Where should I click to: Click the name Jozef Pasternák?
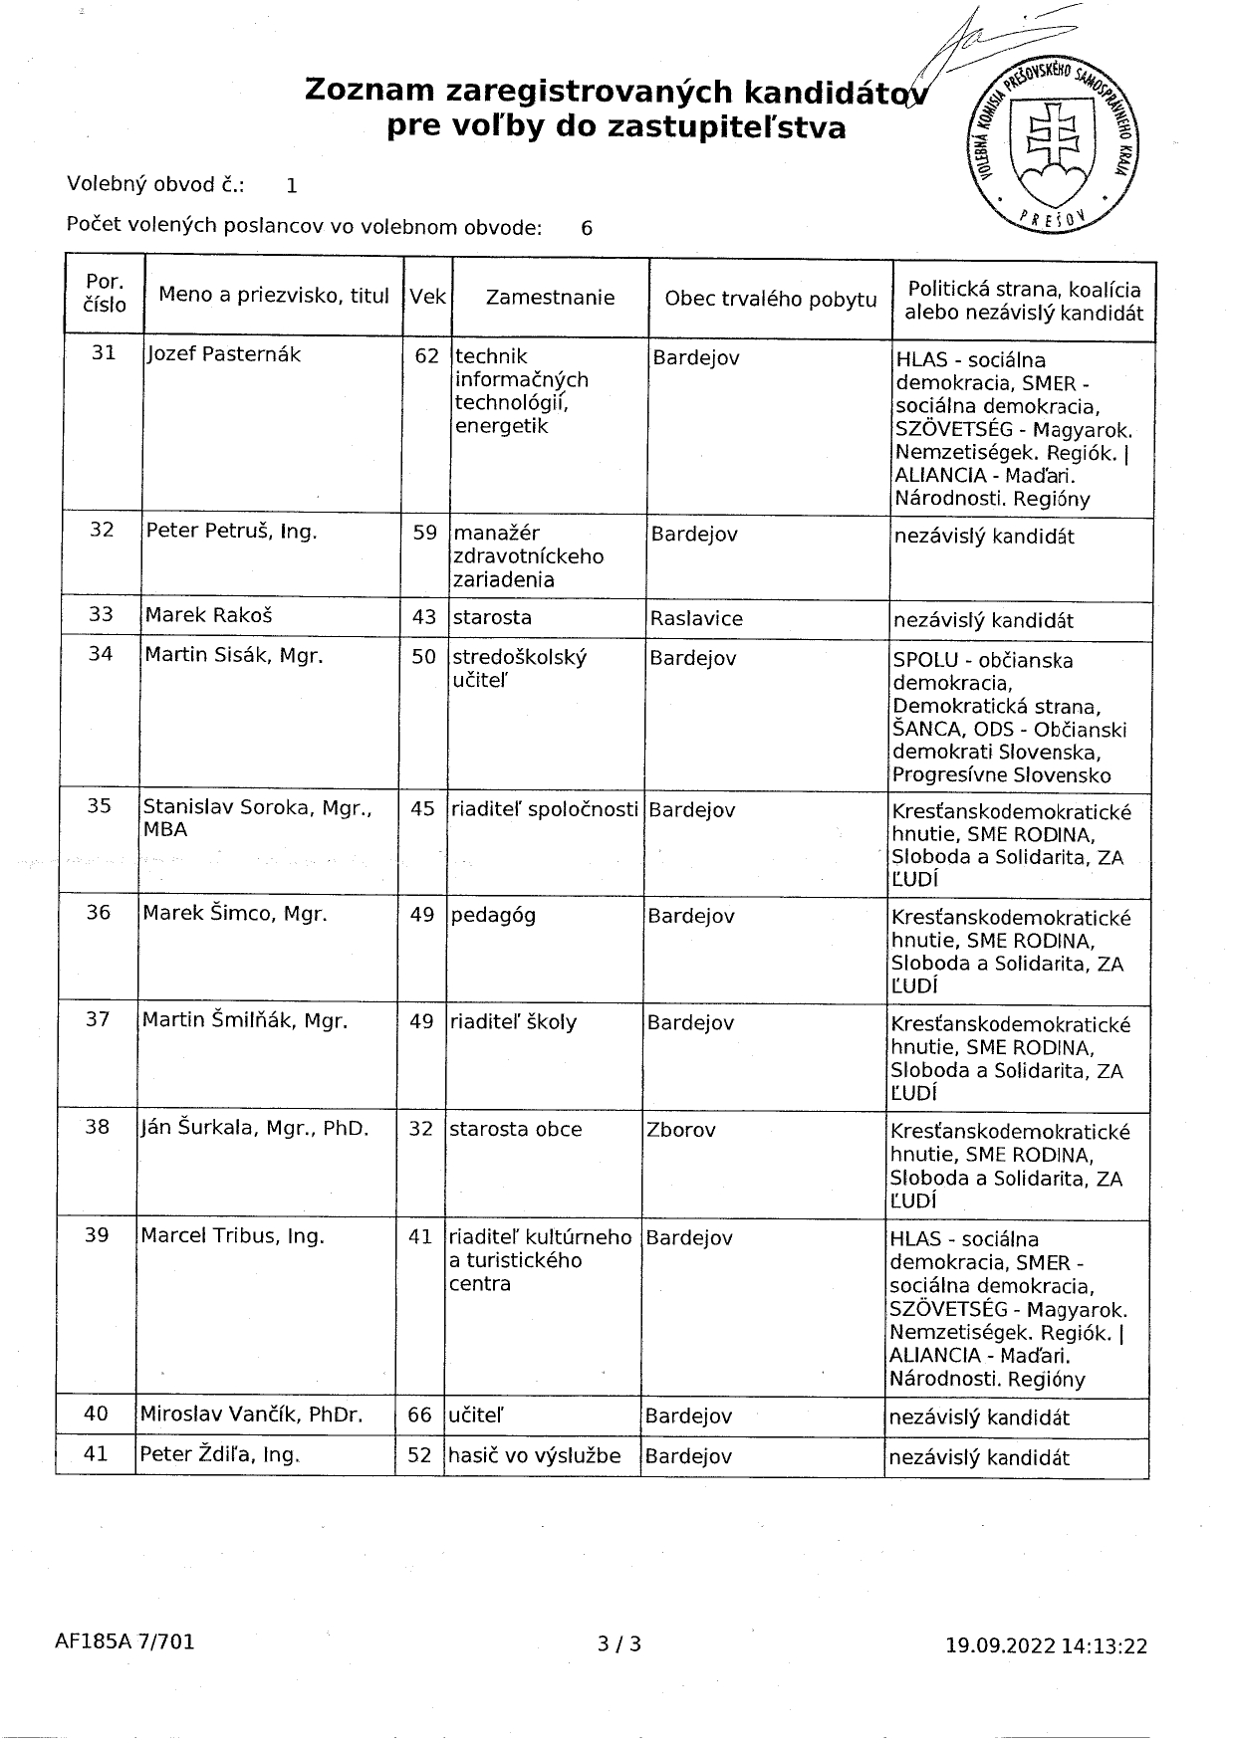(223, 354)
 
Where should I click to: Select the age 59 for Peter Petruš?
(425, 533)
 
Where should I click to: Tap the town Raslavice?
(696, 618)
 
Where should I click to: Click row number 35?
(99, 805)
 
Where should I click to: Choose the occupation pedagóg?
(493, 914)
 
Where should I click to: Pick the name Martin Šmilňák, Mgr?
(245, 1020)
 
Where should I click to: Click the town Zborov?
(681, 1130)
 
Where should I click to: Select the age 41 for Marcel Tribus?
(420, 1236)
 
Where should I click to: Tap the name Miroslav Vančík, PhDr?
(251, 1414)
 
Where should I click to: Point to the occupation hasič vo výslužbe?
(535, 1455)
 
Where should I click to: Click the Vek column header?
(427, 297)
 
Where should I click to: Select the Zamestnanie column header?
(550, 298)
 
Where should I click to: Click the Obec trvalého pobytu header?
(771, 300)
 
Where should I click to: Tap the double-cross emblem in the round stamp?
(1055, 139)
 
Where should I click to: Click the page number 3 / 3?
(619, 1644)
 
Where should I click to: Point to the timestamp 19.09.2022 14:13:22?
(1046, 1646)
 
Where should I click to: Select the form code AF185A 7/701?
(124, 1641)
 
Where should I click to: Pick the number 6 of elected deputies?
(587, 228)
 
